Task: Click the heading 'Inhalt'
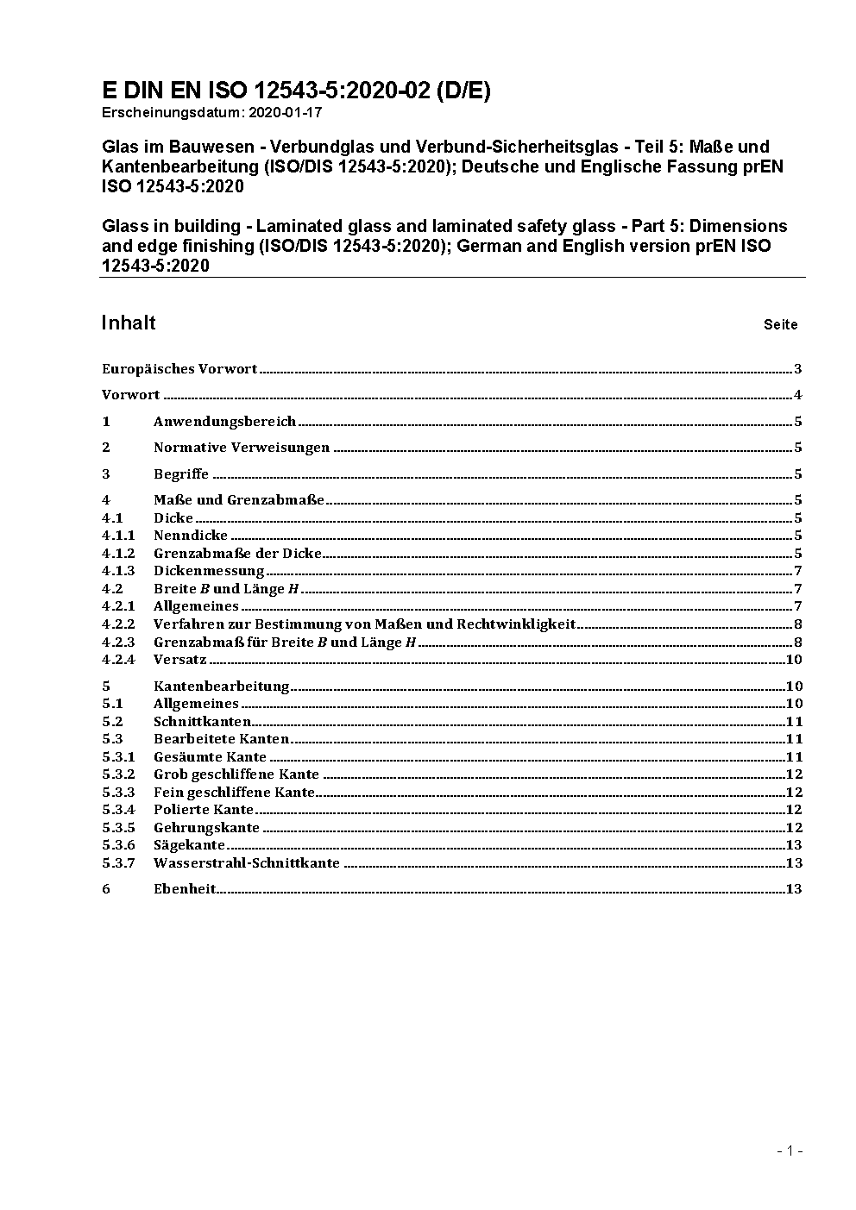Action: (129, 323)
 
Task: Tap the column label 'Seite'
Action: (780, 325)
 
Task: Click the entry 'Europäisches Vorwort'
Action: (179, 369)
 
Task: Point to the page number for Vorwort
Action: (798, 396)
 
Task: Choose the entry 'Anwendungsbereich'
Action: (224, 422)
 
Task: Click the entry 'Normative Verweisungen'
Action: (242, 448)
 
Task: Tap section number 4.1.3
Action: (118, 571)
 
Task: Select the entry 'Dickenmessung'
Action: (209, 571)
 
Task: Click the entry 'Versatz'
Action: (180, 660)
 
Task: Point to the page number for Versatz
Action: (794, 660)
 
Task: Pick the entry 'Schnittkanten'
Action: (203, 722)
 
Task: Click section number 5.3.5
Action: (118, 828)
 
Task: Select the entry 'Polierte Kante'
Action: (204, 810)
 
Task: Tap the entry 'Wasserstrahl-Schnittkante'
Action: (247, 863)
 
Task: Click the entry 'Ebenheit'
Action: (185, 889)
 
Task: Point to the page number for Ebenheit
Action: (794, 889)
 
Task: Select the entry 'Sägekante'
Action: (189, 845)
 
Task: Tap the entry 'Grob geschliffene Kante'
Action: (236, 774)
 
